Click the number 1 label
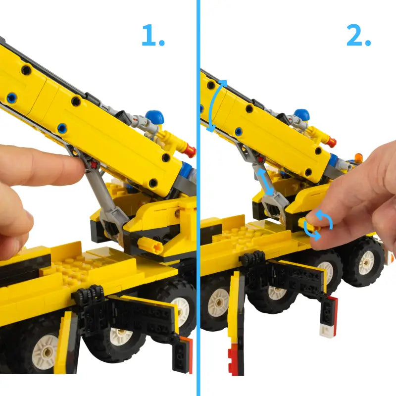[153, 35]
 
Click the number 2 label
[358, 35]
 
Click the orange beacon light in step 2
[358, 157]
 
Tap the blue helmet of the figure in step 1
[154, 116]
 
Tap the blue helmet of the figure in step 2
[302, 114]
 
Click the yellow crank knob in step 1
[150, 245]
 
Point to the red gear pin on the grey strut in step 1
[94, 165]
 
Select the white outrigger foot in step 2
[328, 331]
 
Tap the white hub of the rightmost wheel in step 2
[366, 263]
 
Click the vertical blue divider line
[198, 198]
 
